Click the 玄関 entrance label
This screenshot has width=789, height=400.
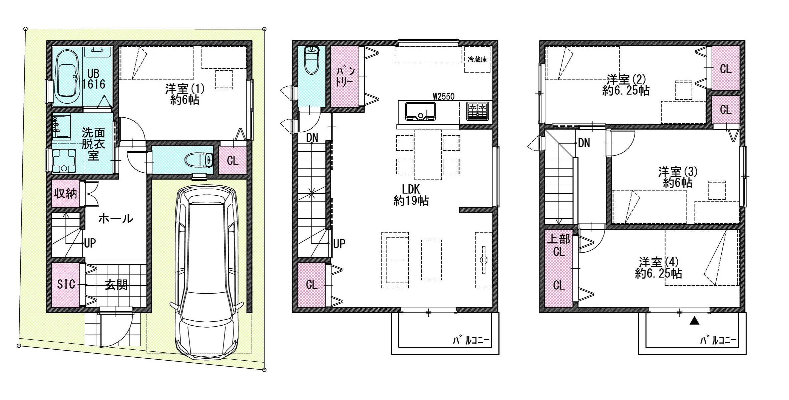[x=116, y=285]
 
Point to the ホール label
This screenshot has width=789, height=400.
[x=116, y=219]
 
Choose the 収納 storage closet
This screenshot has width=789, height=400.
[x=66, y=193]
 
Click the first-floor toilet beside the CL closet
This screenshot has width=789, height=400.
[x=199, y=160]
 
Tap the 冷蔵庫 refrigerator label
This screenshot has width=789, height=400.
[x=477, y=59]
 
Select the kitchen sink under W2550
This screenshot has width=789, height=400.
[x=420, y=111]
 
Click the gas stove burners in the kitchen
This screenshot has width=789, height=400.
[x=477, y=111]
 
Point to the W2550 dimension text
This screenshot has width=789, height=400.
[x=444, y=96]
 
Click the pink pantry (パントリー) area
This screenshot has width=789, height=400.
[x=345, y=76]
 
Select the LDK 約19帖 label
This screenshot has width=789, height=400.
[x=411, y=195]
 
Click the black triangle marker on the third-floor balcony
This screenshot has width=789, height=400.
[x=694, y=321]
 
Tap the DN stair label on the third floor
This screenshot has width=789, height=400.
[x=584, y=143]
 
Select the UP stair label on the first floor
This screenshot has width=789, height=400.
[x=90, y=243]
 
